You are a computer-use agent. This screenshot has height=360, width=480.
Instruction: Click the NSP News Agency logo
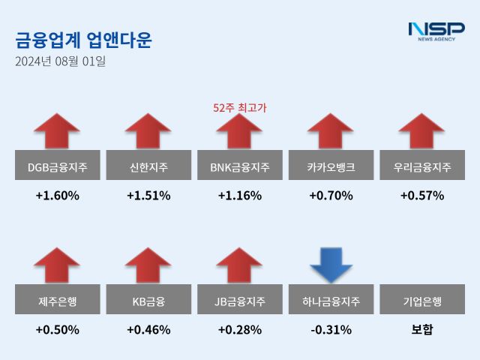coord(436,32)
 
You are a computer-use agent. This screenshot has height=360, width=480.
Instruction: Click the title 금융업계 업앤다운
coord(83,40)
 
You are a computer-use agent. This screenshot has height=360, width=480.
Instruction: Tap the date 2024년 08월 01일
coord(61,61)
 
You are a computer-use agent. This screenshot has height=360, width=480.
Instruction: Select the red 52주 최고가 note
coord(240,108)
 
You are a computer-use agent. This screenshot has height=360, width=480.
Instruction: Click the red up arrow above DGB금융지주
coord(57,131)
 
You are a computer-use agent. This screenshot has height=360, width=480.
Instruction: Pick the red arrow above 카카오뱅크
coord(331,131)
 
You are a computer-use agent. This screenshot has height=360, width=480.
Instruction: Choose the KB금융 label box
coord(148,301)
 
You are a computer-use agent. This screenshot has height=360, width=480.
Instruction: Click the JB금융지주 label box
coord(240,301)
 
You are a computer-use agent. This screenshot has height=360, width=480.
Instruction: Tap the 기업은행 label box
coord(422,301)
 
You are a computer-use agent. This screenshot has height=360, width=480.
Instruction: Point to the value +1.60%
coord(57,196)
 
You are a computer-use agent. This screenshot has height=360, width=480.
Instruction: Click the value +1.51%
coord(148,196)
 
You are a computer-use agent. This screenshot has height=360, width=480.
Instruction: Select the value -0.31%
coord(331,330)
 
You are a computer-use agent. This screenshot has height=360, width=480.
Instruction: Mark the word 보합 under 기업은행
coord(422,330)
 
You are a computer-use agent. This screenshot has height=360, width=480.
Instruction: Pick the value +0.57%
coord(422,196)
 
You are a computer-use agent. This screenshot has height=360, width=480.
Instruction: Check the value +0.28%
coord(240,330)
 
